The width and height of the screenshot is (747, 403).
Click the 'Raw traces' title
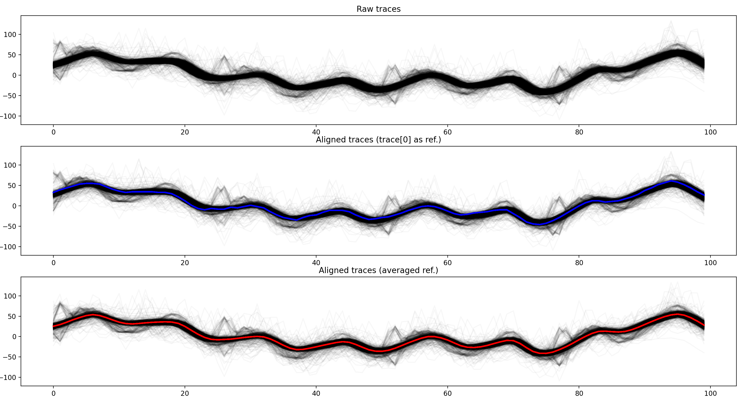pos(378,9)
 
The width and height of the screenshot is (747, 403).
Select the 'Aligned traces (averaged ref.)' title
pos(378,270)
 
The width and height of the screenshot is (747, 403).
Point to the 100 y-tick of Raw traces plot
pos(10,35)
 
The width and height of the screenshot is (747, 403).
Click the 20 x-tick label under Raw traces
pos(184,132)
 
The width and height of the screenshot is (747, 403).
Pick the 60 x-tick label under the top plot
pos(447,132)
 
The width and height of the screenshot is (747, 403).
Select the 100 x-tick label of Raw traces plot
pos(710,132)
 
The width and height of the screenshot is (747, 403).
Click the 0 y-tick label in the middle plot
pos(14,206)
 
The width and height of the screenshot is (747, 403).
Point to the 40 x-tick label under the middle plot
pos(316,263)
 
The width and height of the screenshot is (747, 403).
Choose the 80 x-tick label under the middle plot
pos(579,263)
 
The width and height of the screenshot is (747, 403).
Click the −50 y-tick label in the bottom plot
pos(10,357)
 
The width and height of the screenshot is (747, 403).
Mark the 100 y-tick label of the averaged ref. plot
pos(10,296)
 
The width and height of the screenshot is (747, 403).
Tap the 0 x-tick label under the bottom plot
pos(53,393)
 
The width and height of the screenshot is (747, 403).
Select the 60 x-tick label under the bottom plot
pos(447,393)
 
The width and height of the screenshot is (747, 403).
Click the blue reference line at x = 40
pos(316,215)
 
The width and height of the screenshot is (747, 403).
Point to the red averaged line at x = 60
pos(447,340)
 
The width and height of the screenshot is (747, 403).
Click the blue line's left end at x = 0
pos(54,192)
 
